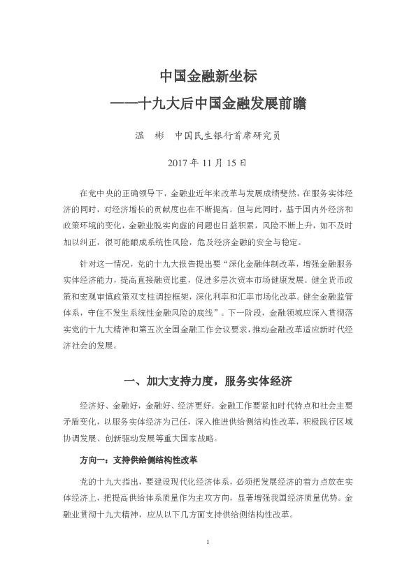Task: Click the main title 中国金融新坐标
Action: [x=208, y=75]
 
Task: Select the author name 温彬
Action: [x=147, y=135]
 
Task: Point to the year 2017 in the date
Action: [x=180, y=164]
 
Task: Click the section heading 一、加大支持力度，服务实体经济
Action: [x=207, y=381]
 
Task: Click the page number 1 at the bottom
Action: [x=208, y=542]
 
